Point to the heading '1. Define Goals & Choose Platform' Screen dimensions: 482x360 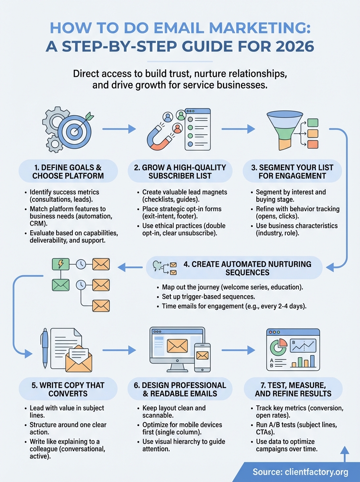tap(68, 172)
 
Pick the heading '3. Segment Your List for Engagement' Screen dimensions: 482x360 tap(293, 172)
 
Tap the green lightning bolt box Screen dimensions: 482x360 tap(61, 264)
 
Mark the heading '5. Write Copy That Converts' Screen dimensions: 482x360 tap(68, 390)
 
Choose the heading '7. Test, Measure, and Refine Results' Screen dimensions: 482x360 tap(293, 390)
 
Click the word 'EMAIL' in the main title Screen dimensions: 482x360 tap(151, 27)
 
